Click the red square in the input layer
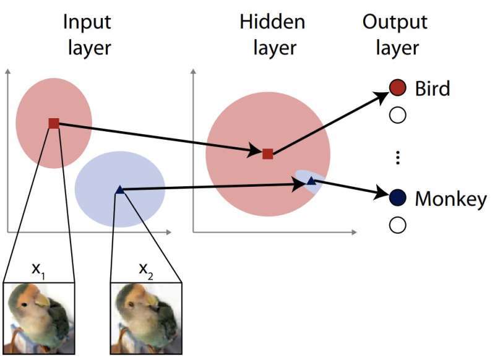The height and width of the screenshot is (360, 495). [54, 123]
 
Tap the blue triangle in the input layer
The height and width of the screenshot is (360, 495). [120, 191]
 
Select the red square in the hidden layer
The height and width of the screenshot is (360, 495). [267, 153]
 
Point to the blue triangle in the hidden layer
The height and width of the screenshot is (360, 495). [311, 181]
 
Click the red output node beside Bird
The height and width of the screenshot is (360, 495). [398, 88]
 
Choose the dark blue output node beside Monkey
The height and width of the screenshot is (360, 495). [398, 198]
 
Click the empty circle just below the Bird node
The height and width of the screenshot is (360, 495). [398, 114]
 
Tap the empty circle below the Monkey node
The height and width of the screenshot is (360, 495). [398, 225]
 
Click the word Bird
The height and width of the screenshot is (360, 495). [433, 88]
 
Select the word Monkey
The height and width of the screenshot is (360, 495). [450, 199]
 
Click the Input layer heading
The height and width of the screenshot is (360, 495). [87, 35]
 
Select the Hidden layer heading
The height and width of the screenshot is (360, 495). [272, 35]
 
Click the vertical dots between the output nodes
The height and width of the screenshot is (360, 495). [398, 158]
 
